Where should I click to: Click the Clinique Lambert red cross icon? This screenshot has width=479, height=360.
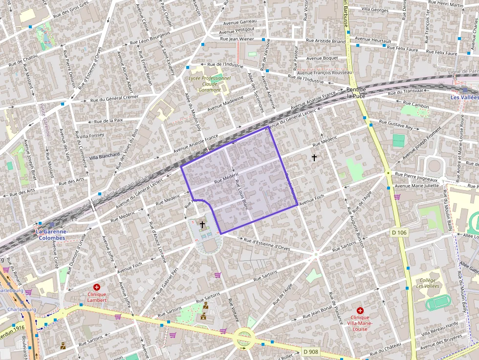pos(97,288)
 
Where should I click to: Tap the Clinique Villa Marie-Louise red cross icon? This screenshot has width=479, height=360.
pos(360,311)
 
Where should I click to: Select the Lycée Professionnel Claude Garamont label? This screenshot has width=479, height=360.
pos(209,84)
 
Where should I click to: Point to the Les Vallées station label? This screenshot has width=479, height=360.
pos(464,97)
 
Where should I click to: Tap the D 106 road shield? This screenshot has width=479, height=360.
pos(399,233)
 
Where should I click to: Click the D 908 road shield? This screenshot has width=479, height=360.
pos(310,351)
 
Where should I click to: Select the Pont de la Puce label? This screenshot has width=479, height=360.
pos(356,92)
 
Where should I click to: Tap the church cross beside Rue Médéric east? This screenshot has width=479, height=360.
pos(314,157)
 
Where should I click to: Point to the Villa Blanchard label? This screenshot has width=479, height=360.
pos(104,156)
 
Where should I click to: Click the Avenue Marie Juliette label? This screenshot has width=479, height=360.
pos(416,186)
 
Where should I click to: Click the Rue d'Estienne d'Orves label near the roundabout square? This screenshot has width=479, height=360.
pos(266,242)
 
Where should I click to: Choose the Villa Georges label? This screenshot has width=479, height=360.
pos(375,9)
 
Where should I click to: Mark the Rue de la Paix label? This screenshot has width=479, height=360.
pos(109,120)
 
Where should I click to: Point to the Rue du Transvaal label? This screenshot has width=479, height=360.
pos(405,92)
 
